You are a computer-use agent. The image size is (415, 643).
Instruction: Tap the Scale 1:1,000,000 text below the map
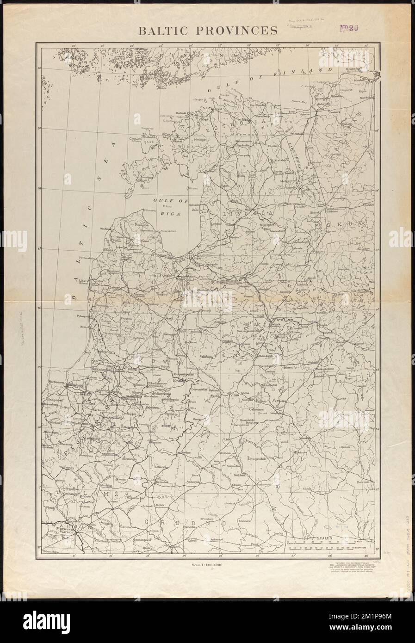[x=207, y=564]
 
